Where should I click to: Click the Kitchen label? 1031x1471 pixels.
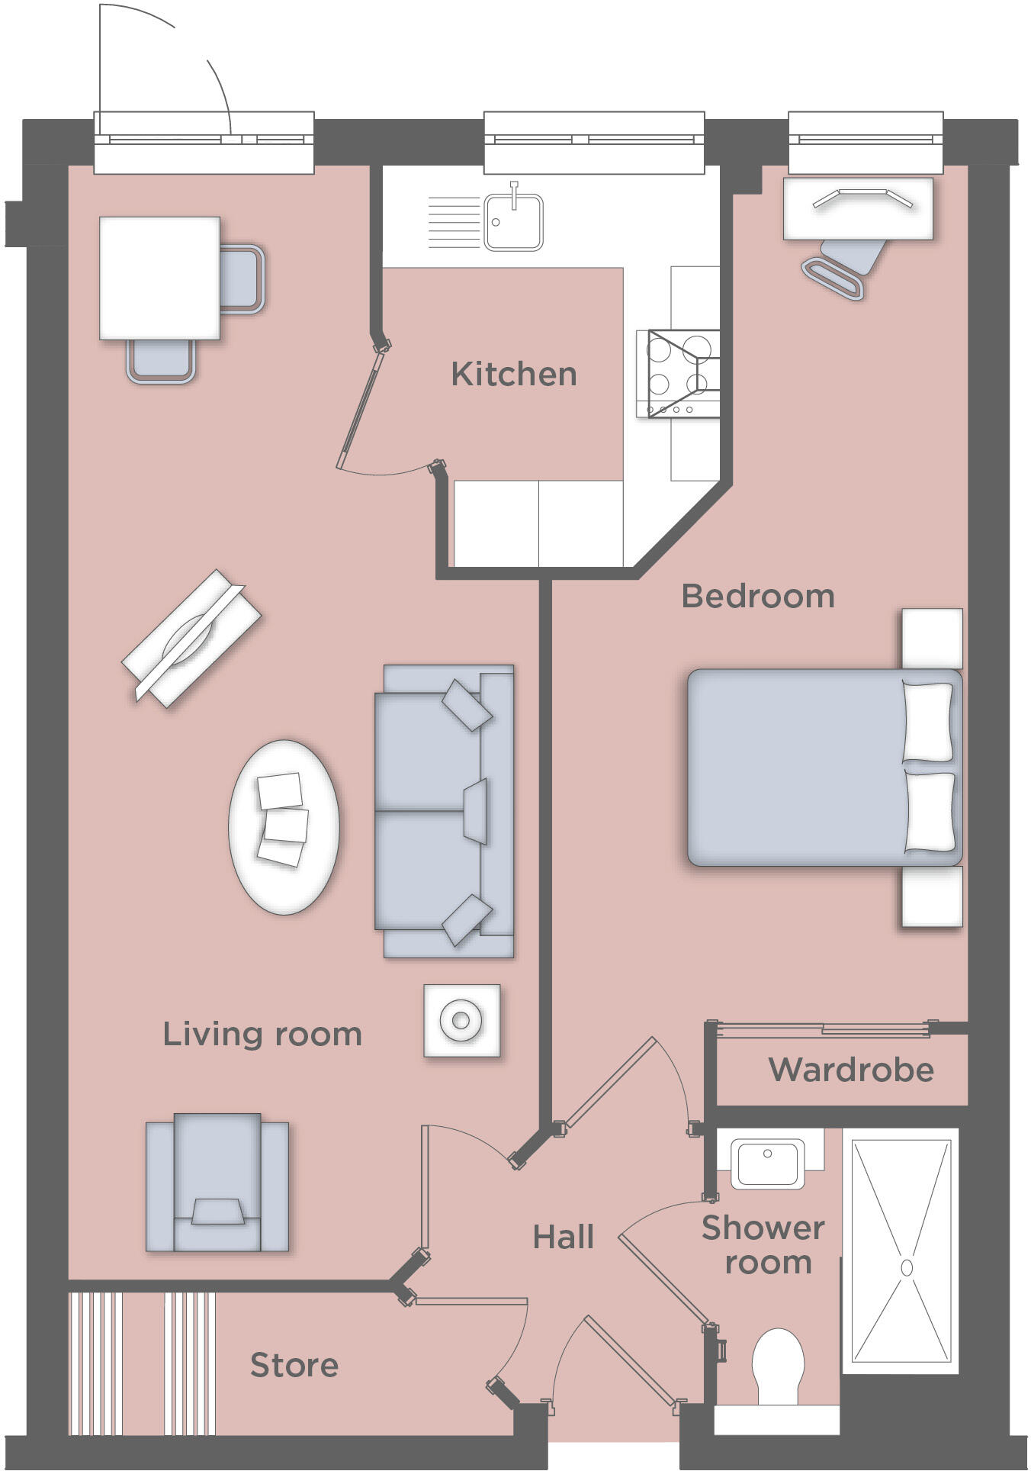[x=513, y=374]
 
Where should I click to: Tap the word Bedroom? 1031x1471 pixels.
[x=757, y=596]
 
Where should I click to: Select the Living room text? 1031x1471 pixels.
[x=262, y=1034]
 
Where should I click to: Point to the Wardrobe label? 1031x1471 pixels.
[x=850, y=1070]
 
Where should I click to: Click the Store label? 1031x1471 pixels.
[x=294, y=1365]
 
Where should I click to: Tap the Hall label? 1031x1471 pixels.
[x=563, y=1237]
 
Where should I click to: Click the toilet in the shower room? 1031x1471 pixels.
[x=778, y=1366]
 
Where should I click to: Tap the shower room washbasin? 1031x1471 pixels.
[x=768, y=1162]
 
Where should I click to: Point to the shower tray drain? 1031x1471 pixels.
[x=906, y=1267]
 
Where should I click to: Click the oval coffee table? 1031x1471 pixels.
[x=284, y=826]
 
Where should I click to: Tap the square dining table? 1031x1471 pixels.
[x=159, y=278]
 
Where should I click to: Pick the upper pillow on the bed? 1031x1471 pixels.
[x=927, y=721]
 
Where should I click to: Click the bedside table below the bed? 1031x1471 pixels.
[x=932, y=896]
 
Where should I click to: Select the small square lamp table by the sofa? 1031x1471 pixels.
[x=461, y=1020]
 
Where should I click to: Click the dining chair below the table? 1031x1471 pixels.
[x=161, y=361]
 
